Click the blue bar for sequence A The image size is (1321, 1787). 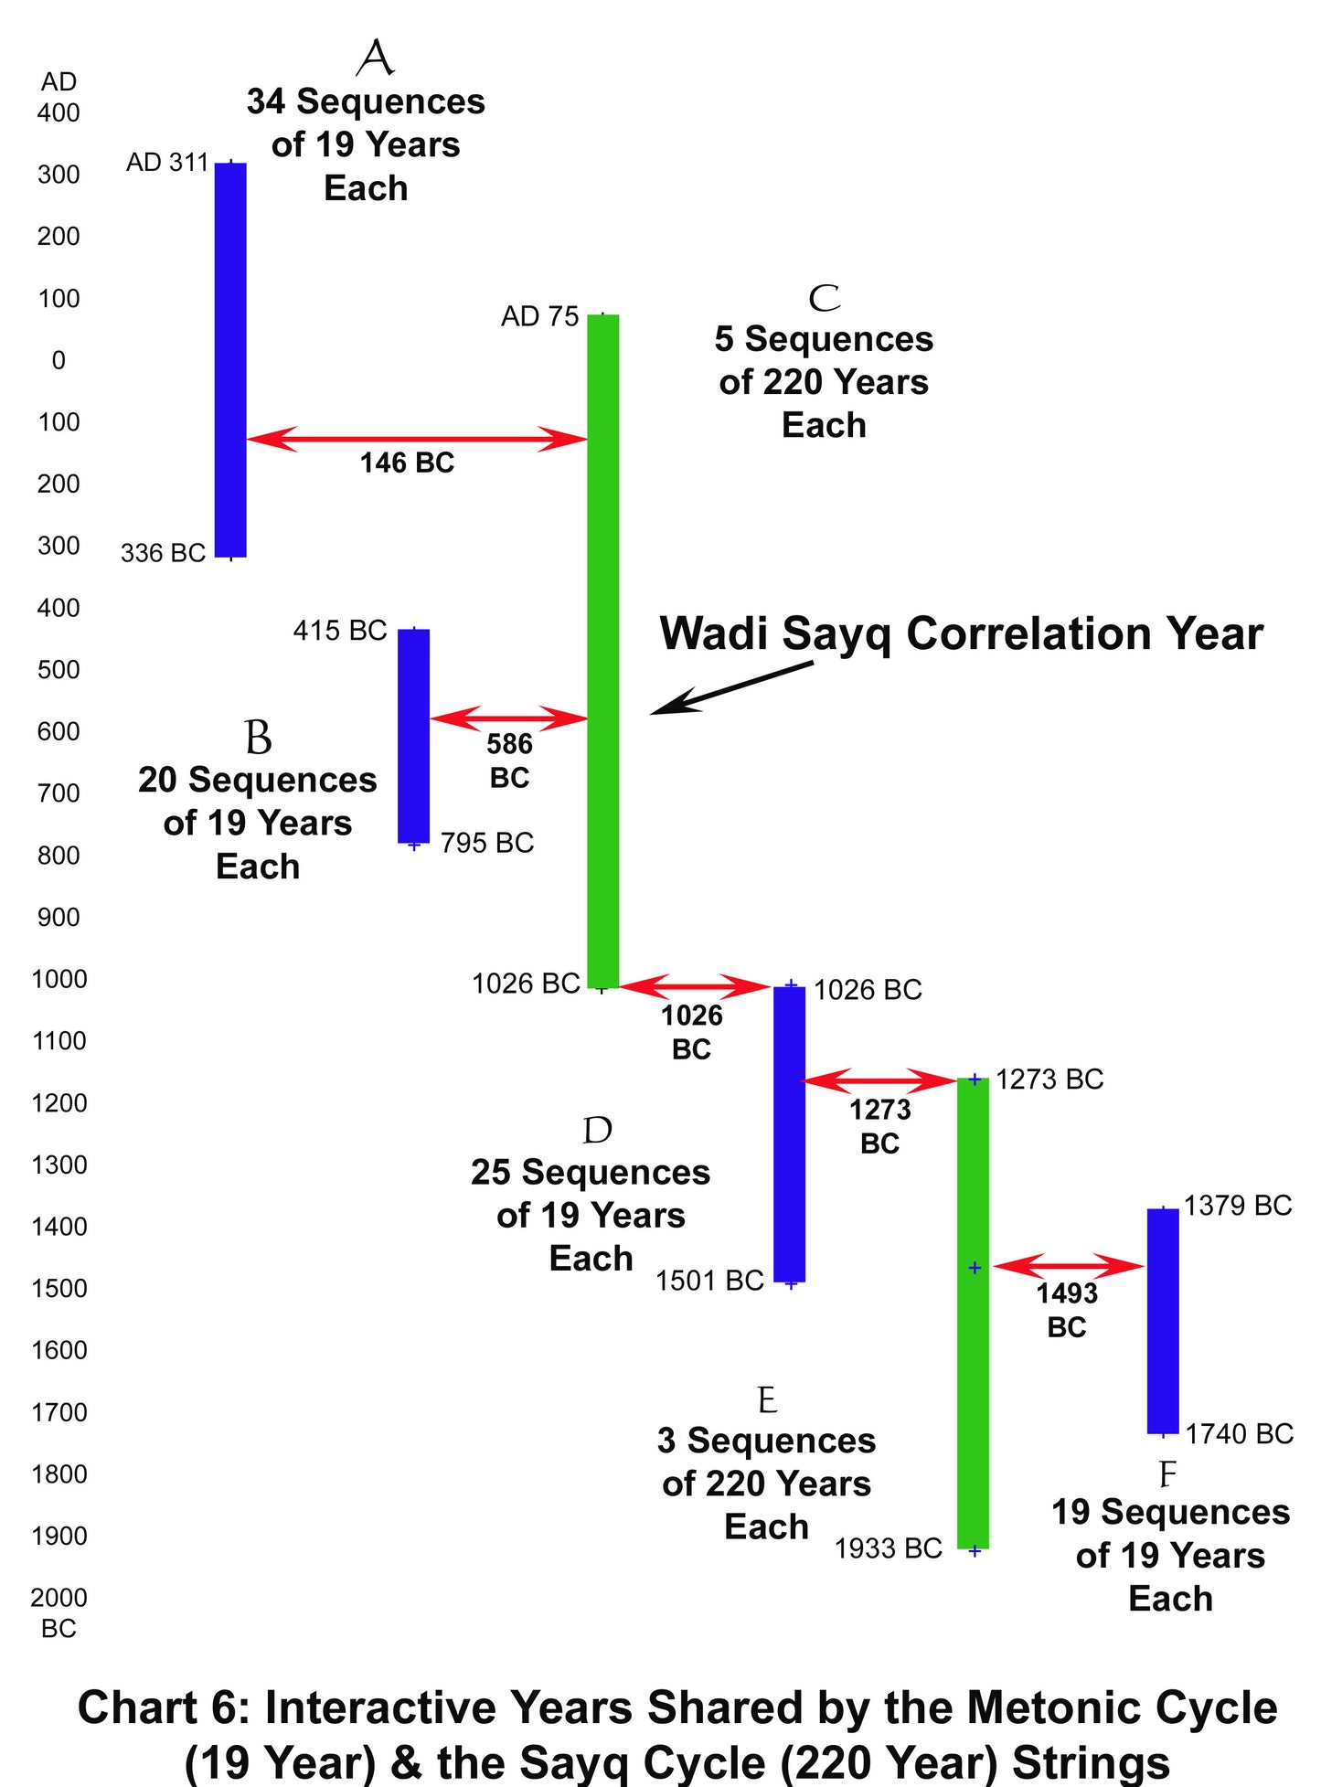pos(230,360)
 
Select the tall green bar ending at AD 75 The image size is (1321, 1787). pos(602,651)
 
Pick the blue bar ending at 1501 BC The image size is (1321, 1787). pos(790,1133)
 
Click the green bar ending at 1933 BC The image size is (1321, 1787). pos(974,1314)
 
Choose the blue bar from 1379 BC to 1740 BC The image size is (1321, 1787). pos(1163,1321)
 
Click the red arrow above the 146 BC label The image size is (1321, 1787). pos(417,439)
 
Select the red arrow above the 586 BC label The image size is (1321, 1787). pos(509,718)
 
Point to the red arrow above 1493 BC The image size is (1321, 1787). pos(1069,1266)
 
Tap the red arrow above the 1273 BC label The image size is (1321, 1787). pos(879,1081)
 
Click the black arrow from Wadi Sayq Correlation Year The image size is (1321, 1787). pos(731,688)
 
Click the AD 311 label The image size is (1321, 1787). pos(167,163)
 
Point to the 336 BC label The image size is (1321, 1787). pos(163,553)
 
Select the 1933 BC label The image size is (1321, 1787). pos(888,1548)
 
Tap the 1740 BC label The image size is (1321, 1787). pos(1240,1434)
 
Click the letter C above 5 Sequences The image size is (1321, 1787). pos(824,298)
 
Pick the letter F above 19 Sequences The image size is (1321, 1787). pos(1167,1475)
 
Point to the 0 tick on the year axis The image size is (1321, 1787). pos(59,360)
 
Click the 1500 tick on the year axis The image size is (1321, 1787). pos(59,1289)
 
